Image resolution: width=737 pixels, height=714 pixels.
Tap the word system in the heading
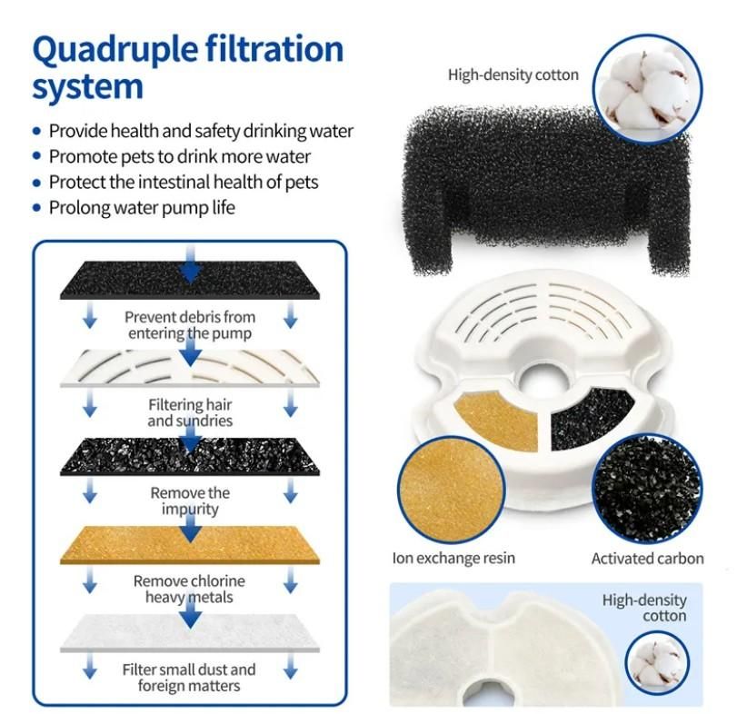pos(88,88)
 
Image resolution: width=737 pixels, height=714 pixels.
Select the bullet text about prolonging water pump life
pos(142,207)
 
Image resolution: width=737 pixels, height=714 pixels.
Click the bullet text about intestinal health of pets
pos(184,182)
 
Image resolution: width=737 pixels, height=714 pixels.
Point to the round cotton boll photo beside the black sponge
pos(646,88)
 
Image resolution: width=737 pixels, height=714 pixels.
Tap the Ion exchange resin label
pos(453,558)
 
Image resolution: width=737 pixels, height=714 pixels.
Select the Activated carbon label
pos(647,558)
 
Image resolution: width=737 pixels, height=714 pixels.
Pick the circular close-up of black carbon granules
pos(647,490)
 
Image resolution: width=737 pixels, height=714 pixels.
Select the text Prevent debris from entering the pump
pos(190,325)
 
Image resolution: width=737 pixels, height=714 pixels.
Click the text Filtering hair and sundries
pos(190,412)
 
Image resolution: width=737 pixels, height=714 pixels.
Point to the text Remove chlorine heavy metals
pos(190,589)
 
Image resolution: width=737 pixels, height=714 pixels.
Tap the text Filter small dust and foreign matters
pos(190,677)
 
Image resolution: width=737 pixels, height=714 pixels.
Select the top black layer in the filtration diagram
pos(190,281)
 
